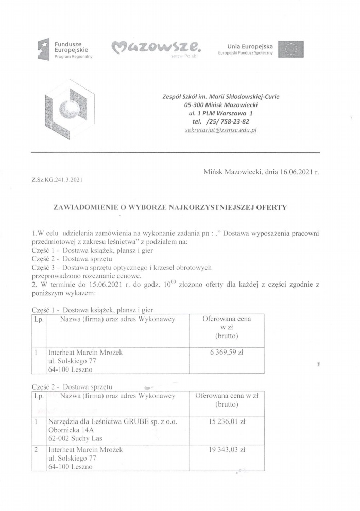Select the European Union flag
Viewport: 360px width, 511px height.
290,49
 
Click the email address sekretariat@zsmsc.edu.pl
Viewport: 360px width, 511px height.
220,131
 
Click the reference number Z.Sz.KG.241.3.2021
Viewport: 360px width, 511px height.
57,180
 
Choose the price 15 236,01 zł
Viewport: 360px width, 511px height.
227,421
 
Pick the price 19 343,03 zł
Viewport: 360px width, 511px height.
227,449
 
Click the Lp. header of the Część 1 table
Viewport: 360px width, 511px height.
39,319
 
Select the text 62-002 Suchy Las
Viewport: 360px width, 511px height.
75,439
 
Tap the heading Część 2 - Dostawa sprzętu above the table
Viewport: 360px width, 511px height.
72,386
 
